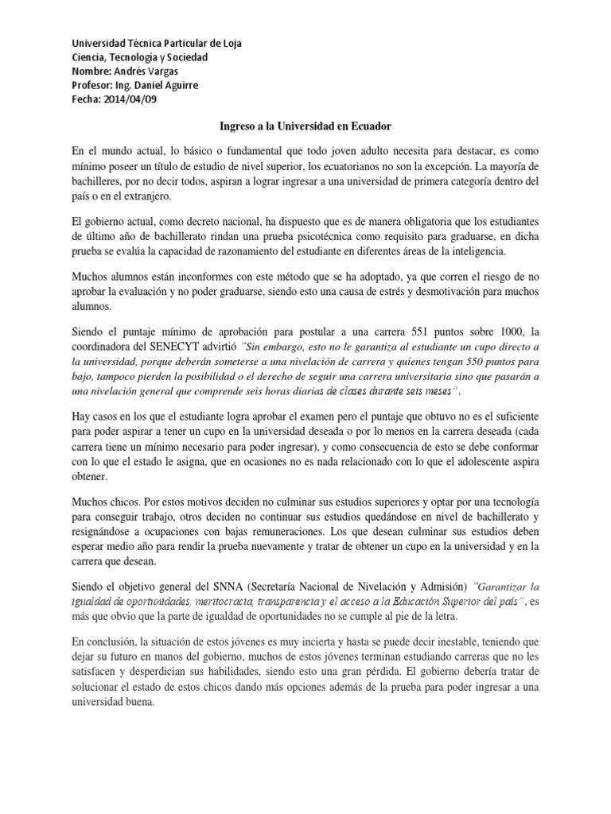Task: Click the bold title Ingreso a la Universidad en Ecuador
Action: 305,126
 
